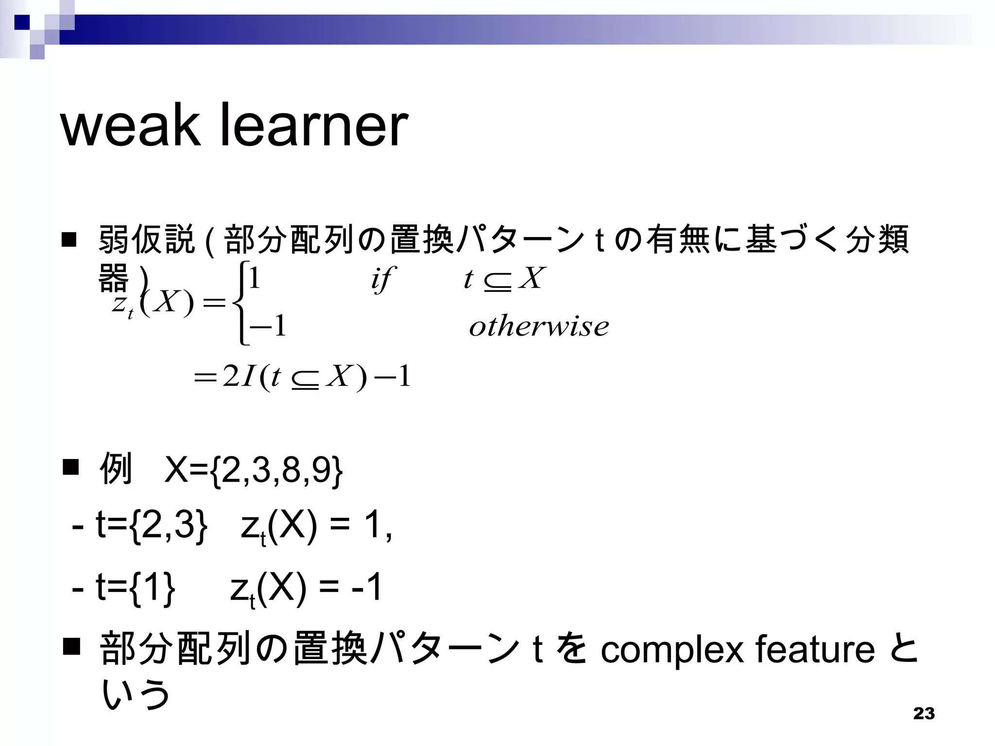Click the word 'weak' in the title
tap(130, 126)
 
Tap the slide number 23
tap(924, 713)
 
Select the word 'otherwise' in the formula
tap(539, 326)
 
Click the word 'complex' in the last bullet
tap(672, 650)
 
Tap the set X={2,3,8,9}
tap(254, 470)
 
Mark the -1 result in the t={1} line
tap(367, 587)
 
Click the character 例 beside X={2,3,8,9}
tap(115, 468)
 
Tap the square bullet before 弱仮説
tap(69, 240)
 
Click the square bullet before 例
tap(71, 467)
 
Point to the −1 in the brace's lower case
tap(268, 326)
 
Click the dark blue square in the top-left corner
tap(21, 22)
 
